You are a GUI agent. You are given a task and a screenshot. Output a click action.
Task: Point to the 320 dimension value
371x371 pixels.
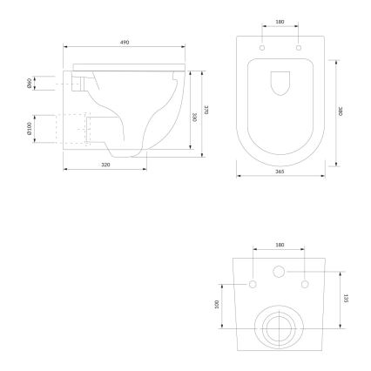[105, 163]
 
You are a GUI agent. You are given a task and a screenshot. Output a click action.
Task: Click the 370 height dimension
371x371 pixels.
[206, 109]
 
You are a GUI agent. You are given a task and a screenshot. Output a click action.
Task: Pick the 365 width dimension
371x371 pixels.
[281, 172]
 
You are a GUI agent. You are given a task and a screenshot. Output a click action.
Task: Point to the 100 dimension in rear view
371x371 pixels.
[218, 305]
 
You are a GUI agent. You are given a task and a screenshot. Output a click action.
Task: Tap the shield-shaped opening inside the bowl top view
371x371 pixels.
[280, 84]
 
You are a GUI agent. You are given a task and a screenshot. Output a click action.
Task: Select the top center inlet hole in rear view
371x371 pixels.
[280, 272]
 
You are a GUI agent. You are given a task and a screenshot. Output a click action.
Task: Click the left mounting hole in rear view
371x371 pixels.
[253, 285]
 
